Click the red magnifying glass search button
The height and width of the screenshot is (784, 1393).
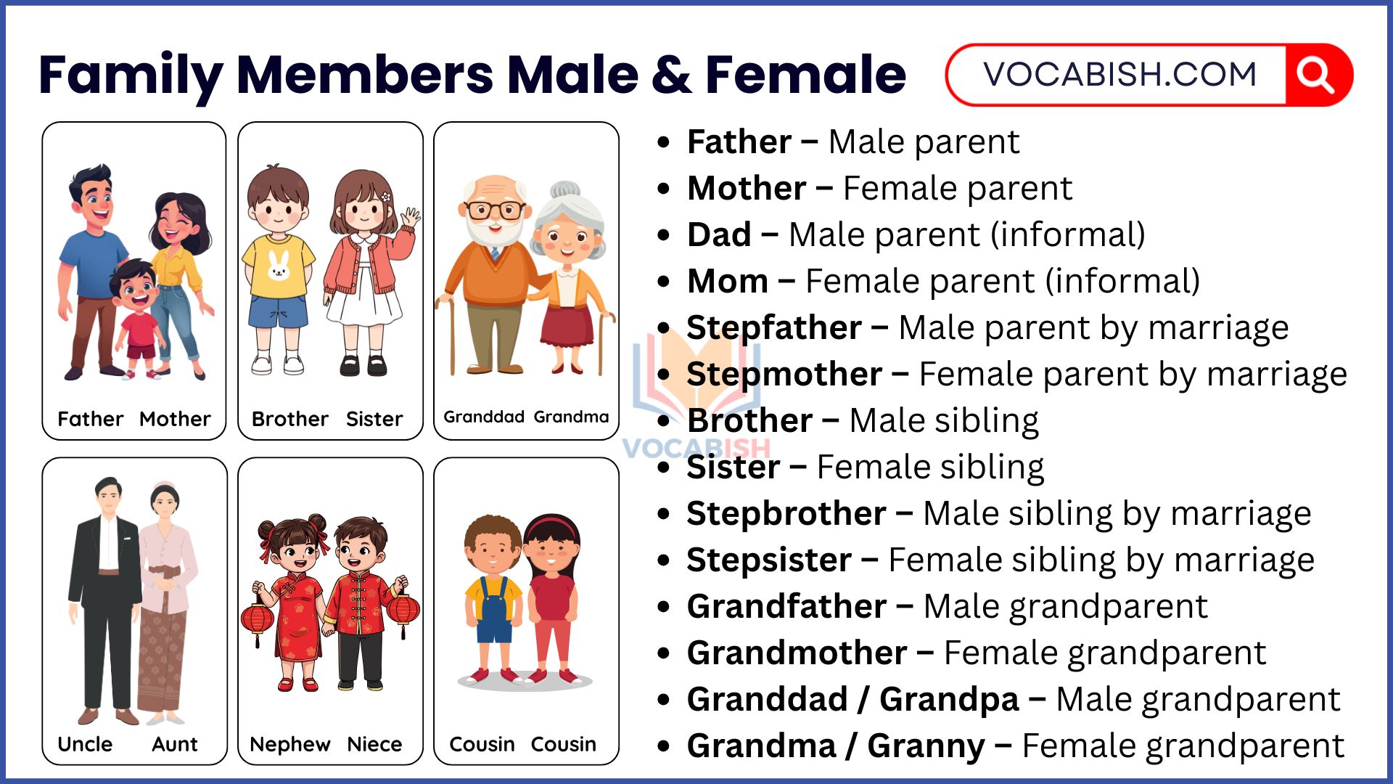1317,75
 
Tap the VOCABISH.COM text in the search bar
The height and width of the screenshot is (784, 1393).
1119,74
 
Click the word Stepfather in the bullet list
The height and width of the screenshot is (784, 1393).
773,327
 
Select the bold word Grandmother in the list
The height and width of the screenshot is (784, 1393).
797,653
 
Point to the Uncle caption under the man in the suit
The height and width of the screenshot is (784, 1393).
85,744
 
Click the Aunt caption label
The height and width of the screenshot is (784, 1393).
175,744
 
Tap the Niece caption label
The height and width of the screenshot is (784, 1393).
374,744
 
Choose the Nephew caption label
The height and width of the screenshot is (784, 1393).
289,744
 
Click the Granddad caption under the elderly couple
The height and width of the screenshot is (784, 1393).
484,417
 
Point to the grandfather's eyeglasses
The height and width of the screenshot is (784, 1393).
495,211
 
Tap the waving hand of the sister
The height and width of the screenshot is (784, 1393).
411,217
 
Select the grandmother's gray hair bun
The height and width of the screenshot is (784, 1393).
564,190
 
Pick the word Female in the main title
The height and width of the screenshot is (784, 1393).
805,74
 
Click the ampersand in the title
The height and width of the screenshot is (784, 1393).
671,75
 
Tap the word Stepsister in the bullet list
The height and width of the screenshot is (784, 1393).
769,560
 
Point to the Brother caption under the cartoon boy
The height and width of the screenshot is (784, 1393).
289,419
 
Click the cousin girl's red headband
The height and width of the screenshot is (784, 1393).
554,523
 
